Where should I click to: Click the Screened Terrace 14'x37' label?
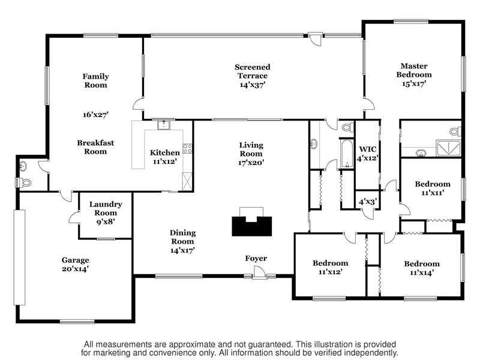pyautogui.click(x=253, y=76)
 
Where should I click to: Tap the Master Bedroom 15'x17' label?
pyautogui.click(x=414, y=74)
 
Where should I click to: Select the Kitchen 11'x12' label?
pyautogui.click(x=164, y=157)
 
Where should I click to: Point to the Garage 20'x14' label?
pyautogui.click(x=76, y=264)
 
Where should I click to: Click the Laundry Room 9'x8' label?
pyautogui.click(x=106, y=213)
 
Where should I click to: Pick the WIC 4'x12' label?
pyautogui.click(x=368, y=154)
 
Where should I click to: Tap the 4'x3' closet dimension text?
pyautogui.click(x=368, y=202)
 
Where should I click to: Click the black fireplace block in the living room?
pyautogui.click(x=251, y=226)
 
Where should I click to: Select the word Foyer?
pyautogui.click(x=256, y=259)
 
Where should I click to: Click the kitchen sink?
pyautogui.click(x=164, y=125)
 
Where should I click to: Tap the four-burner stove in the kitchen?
pyautogui.click(x=187, y=148)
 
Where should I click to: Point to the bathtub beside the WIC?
pyautogui.click(x=347, y=154)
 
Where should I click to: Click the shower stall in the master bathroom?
pyautogui.click(x=448, y=148)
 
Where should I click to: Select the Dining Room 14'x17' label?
pyautogui.click(x=182, y=242)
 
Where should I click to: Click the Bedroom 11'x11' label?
pyautogui.click(x=433, y=188)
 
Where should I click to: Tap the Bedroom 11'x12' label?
pyautogui.click(x=331, y=267)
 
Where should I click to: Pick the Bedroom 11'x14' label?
pyautogui.click(x=422, y=268)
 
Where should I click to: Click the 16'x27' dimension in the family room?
pyautogui.click(x=96, y=115)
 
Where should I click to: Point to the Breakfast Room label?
pyautogui.click(x=95, y=147)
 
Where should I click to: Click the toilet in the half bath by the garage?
pyautogui.click(x=24, y=183)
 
